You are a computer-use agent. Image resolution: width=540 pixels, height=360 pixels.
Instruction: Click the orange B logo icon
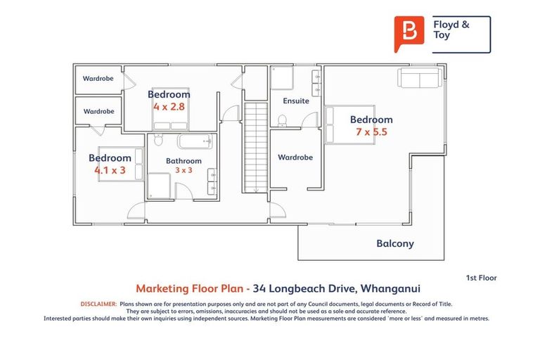click(x=409, y=34)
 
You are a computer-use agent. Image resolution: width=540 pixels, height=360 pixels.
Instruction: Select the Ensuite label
click(x=295, y=101)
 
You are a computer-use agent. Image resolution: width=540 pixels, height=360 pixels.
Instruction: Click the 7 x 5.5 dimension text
click(x=372, y=131)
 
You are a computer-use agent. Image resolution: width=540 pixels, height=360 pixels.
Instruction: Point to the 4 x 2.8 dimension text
click(x=169, y=106)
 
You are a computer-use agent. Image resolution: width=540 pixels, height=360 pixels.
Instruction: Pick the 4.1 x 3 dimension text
click(x=110, y=170)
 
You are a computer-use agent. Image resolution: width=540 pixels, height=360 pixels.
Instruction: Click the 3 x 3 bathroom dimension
click(x=184, y=170)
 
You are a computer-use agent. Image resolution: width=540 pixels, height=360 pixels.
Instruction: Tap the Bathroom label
click(x=184, y=161)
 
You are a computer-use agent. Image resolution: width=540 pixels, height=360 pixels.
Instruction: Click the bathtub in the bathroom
click(x=195, y=142)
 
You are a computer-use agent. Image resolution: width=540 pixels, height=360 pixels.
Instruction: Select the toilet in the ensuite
click(x=282, y=120)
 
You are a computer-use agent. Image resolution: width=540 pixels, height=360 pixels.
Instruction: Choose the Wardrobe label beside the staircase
click(x=295, y=157)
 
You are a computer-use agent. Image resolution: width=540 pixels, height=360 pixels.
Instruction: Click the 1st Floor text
click(x=481, y=278)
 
